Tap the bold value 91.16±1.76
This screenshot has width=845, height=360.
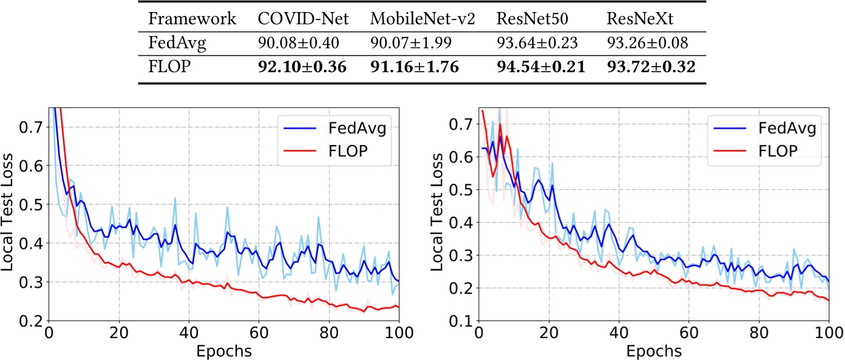[x=421, y=65]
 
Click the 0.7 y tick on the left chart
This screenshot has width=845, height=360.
[x=32, y=127]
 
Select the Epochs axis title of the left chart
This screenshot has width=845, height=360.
[x=225, y=350]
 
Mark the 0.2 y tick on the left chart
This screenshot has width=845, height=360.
[x=32, y=320]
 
